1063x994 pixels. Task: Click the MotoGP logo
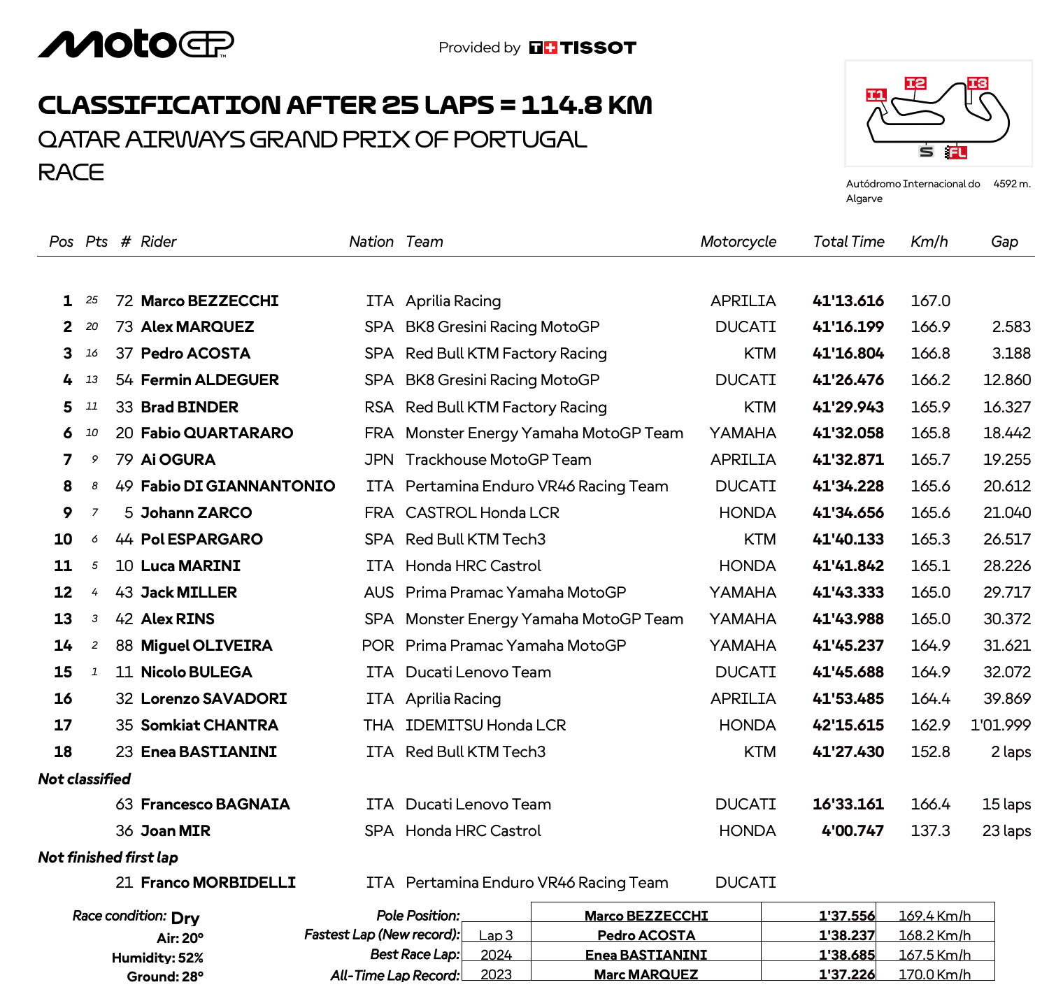pyautogui.click(x=136, y=44)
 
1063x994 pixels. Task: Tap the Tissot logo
pyautogui.click(x=583, y=48)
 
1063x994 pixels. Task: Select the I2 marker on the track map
pyautogui.click(x=915, y=84)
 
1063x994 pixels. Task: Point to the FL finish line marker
pyautogui.click(x=956, y=152)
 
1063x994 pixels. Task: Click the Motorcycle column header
pyautogui.click(x=738, y=242)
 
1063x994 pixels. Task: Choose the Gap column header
pyautogui.click(x=1004, y=242)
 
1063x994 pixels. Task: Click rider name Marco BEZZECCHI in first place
pyautogui.click(x=210, y=301)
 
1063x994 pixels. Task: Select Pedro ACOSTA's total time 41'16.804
pyautogui.click(x=848, y=354)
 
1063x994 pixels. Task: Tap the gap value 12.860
pyautogui.click(x=1006, y=380)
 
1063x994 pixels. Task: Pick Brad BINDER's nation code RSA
pyautogui.click(x=379, y=408)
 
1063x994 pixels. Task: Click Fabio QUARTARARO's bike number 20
pyautogui.click(x=124, y=433)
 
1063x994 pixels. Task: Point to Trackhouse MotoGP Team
pyautogui.click(x=498, y=460)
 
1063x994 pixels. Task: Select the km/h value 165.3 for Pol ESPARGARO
pyautogui.click(x=930, y=540)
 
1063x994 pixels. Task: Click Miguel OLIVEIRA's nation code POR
pyautogui.click(x=378, y=646)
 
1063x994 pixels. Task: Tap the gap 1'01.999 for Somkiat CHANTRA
pyautogui.click(x=1000, y=726)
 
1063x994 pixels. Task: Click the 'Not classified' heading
pyautogui.click(x=85, y=779)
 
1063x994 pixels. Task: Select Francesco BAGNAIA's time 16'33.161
pyautogui.click(x=848, y=805)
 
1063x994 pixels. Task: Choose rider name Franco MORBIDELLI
pyautogui.click(x=218, y=883)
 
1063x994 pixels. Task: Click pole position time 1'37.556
pyautogui.click(x=846, y=916)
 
